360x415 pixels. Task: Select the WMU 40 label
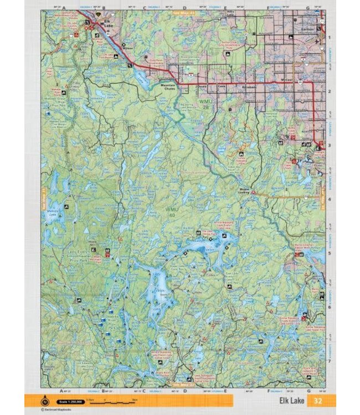pos(172,212)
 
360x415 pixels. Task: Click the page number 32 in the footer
pos(317,401)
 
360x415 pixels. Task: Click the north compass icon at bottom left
pos(45,401)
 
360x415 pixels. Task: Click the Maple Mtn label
pos(92,244)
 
